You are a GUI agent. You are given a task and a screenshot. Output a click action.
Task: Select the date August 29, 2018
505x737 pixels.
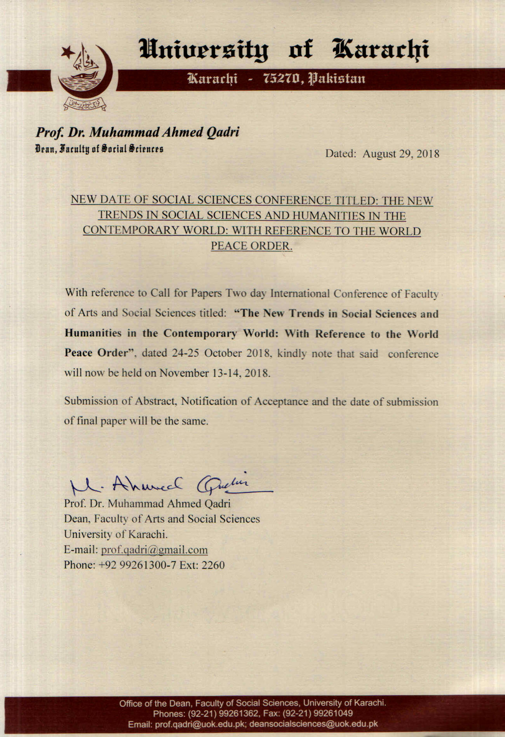point(401,154)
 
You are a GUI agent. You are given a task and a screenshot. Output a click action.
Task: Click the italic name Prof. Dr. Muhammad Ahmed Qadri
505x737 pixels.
point(138,132)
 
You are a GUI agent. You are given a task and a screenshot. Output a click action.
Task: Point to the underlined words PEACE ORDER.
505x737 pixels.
point(251,246)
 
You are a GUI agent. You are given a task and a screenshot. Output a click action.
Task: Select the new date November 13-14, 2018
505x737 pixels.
point(214,373)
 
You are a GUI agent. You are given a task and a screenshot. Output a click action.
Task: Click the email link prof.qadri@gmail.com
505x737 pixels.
point(154,550)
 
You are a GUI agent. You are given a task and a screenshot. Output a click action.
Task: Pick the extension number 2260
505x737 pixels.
point(213,565)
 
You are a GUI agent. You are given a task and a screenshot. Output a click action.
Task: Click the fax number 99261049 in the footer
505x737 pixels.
point(333,713)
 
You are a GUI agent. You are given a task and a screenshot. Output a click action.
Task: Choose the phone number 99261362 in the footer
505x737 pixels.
point(241,713)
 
